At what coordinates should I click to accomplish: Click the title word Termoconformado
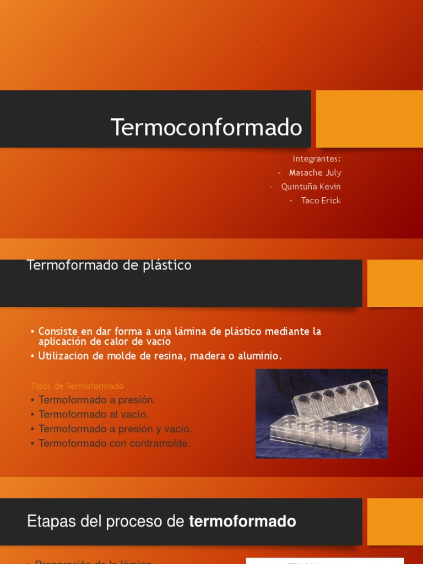[x=207, y=127]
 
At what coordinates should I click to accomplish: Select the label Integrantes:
[x=317, y=159]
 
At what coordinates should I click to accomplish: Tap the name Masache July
[x=315, y=172]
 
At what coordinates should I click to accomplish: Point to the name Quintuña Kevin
[x=311, y=187]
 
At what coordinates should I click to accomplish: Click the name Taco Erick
[x=321, y=200]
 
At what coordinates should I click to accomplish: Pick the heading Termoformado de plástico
[x=109, y=265]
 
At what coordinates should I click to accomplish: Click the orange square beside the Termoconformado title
[x=370, y=119]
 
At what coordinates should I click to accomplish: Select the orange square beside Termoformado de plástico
[x=395, y=283]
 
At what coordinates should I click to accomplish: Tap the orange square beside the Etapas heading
[x=395, y=522]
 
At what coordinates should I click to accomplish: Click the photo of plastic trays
[x=322, y=414]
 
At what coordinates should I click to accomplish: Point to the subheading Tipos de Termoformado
[x=77, y=386]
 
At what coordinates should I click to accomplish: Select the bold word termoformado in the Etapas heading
[x=242, y=522]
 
